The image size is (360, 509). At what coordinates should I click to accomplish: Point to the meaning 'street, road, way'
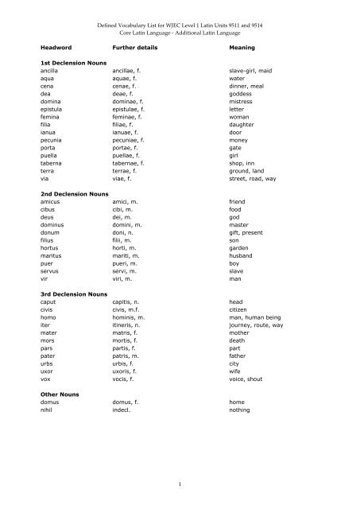(x=256, y=178)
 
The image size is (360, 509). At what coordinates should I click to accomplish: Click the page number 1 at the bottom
(x=180, y=481)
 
